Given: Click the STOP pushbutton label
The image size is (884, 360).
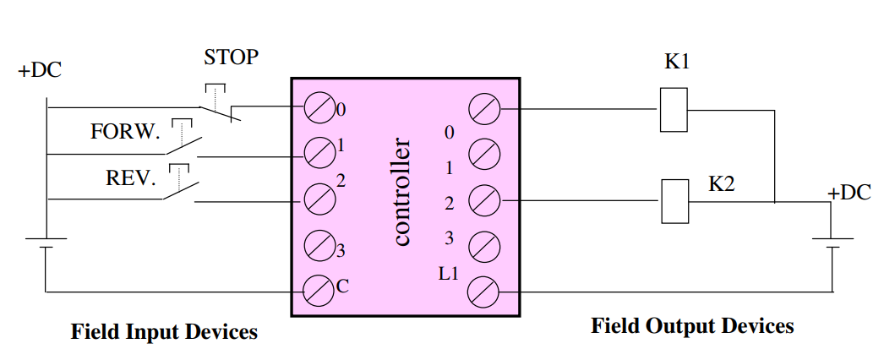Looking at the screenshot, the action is coord(232,57).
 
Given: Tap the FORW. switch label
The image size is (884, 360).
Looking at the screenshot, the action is coord(125,132).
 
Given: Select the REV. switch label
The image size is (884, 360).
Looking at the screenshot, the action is coord(130,178).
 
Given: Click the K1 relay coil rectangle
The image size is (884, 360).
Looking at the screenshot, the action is coord(674,109).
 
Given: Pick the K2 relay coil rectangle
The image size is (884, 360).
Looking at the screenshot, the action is coord(674,201).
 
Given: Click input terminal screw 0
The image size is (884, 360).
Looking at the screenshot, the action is coord(319,107).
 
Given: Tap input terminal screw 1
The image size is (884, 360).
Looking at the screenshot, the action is coord(319,152).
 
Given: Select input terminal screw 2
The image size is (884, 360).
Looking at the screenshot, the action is coord(319,199).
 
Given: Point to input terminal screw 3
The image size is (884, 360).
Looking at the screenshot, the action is coord(319,245).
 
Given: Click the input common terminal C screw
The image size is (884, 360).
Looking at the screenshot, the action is coord(319,292).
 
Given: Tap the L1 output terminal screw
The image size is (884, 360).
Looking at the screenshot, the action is coord(483,292).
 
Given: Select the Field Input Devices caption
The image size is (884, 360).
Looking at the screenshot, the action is coord(164,332).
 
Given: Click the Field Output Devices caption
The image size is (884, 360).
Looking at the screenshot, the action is coord(692,326).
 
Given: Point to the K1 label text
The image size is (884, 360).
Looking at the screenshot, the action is coord(677,62).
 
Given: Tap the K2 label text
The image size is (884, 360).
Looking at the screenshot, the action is coord(722,183).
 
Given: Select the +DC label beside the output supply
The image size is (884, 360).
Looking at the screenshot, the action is coord(849,193).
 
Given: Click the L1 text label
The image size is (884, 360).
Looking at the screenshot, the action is coord(449,275).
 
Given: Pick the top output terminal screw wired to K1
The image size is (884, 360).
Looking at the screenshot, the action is coord(483,108).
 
